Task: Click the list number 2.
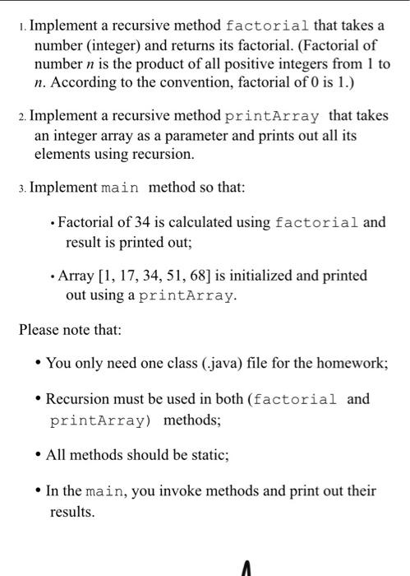pos(21,117)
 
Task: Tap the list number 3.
pos(21,188)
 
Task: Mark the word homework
pos(350,363)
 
